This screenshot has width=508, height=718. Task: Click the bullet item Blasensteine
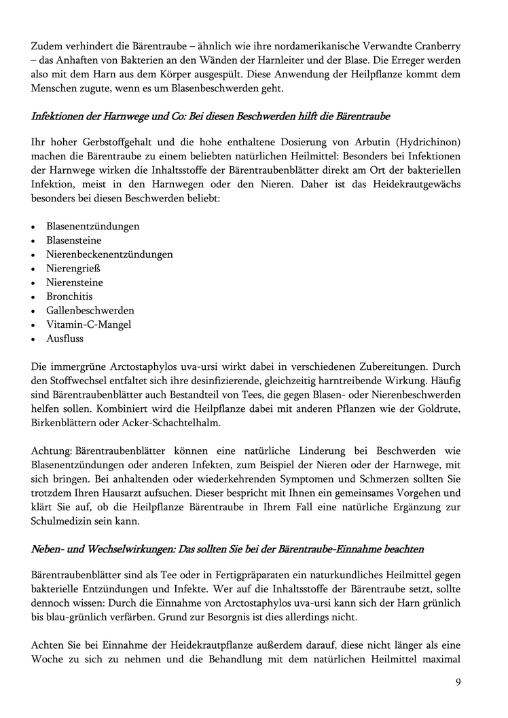point(74,240)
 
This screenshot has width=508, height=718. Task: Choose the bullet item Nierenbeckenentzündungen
point(109,254)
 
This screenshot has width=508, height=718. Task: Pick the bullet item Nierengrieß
point(72,268)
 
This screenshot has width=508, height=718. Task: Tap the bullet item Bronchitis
point(69,297)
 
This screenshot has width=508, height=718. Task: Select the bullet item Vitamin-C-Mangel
point(88,324)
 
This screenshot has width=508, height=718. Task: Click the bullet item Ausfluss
point(65,338)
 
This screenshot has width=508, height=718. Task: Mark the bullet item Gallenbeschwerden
point(90,310)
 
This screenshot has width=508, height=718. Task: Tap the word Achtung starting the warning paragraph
point(52,451)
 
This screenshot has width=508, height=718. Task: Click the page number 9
point(458,682)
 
